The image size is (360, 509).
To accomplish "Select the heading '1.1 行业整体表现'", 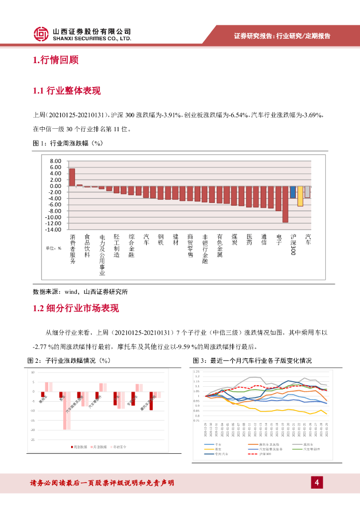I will [67, 91].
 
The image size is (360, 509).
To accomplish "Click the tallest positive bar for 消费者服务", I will [72, 177].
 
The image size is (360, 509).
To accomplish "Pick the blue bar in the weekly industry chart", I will [293, 192].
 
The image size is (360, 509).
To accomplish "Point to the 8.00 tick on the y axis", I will [55, 161].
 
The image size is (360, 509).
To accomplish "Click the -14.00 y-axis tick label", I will [53, 230].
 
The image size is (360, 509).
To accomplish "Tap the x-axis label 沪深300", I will [293, 244].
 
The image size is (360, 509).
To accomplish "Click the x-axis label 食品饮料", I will [87, 246].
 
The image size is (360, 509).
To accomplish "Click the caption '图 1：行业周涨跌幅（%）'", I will [67, 144].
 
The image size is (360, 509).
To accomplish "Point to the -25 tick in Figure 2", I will [33, 440].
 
